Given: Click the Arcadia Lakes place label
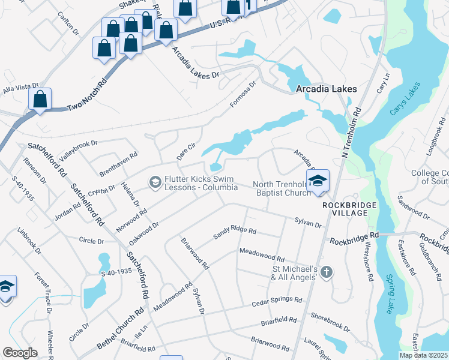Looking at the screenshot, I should pos(327,89).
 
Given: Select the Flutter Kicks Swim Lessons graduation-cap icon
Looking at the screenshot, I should pos(155,182).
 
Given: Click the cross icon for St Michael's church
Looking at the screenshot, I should pos(326,272).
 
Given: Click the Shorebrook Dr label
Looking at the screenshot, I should pos(330,322).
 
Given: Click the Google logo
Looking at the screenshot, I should pos(20,353).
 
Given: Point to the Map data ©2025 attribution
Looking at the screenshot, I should pos(423,355).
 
